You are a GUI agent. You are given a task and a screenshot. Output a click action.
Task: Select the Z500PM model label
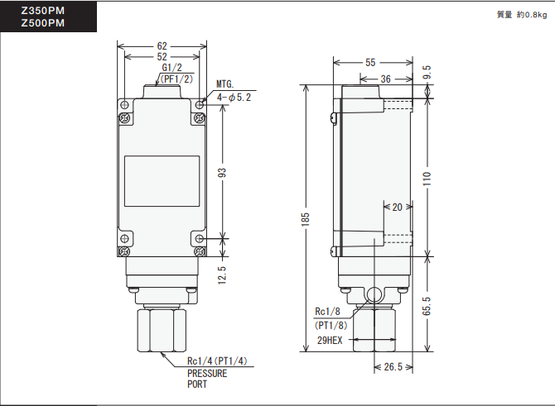43,24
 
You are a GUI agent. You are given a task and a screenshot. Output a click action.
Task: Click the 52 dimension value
162,56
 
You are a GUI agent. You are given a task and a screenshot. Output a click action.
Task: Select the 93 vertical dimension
223,172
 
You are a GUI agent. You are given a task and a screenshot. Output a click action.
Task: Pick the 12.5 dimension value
223,272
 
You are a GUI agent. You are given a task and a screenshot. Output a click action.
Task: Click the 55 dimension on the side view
369,62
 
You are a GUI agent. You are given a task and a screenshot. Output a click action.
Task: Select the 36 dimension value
385,79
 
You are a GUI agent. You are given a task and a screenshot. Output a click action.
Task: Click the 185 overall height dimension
306,217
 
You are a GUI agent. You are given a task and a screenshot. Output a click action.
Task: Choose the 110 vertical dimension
427,179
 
